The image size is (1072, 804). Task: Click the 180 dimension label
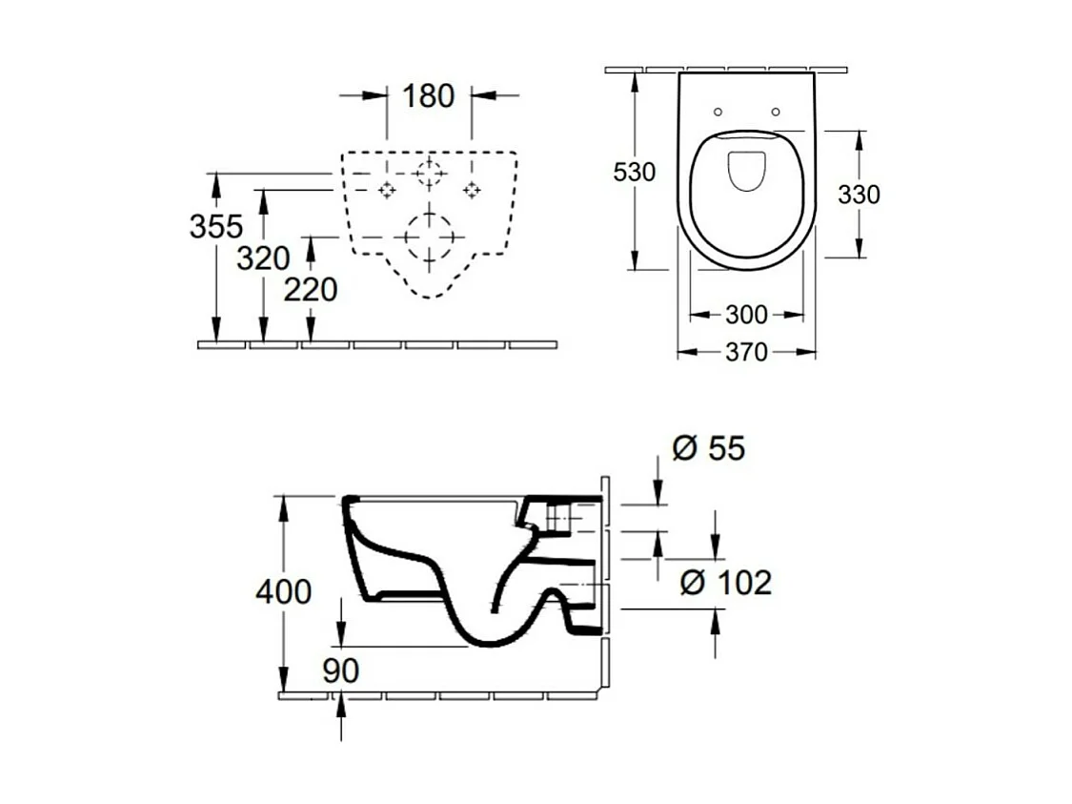(428, 95)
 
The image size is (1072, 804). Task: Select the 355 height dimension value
(216, 226)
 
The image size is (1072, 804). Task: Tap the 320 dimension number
(263, 258)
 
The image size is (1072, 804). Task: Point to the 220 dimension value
(311, 289)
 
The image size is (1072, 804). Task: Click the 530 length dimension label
(634, 173)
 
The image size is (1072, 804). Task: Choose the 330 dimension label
(859, 195)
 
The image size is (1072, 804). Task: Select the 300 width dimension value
(746, 315)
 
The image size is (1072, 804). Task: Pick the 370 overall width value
(746, 353)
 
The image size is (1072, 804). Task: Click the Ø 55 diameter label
(708, 448)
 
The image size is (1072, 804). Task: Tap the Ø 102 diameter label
(725, 582)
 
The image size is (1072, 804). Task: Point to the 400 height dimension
(283, 591)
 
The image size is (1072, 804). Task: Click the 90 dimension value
(340, 670)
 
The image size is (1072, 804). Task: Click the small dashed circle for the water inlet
(429, 174)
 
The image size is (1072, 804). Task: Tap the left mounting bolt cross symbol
(387, 190)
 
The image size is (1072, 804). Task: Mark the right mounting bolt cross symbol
(472, 190)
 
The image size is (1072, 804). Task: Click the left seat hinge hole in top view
(718, 112)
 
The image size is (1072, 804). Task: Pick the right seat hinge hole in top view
(775, 112)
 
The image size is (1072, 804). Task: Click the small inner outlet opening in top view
(747, 170)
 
